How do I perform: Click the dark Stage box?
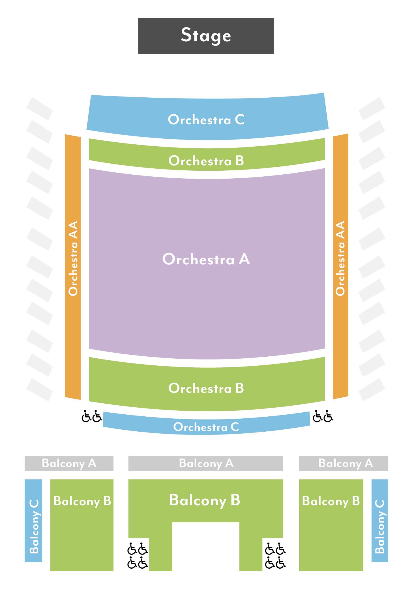[x=206, y=36]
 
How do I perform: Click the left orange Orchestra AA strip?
[x=73, y=266]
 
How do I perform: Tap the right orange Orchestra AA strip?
[x=340, y=266]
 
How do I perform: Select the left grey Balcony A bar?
[x=69, y=463]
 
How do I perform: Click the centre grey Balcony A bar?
[x=205, y=463]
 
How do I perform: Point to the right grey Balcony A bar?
[x=343, y=463]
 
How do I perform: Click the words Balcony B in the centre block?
[x=205, y=500]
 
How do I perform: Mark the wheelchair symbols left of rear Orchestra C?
[x=91, y=416]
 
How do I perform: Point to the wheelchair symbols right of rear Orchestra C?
[x=323, y=416]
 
